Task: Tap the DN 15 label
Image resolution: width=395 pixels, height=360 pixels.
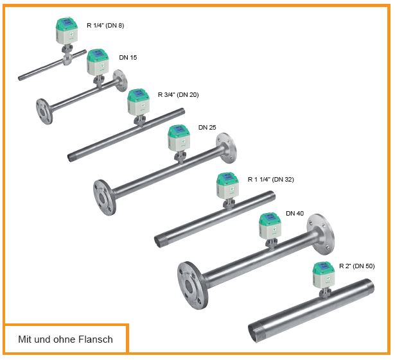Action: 128,57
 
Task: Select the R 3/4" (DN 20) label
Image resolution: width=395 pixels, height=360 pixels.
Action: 178,94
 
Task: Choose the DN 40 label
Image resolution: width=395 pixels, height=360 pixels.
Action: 295,213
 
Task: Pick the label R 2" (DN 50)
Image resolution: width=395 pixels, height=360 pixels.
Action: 356,266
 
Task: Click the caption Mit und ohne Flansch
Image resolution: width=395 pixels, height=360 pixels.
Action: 66,339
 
